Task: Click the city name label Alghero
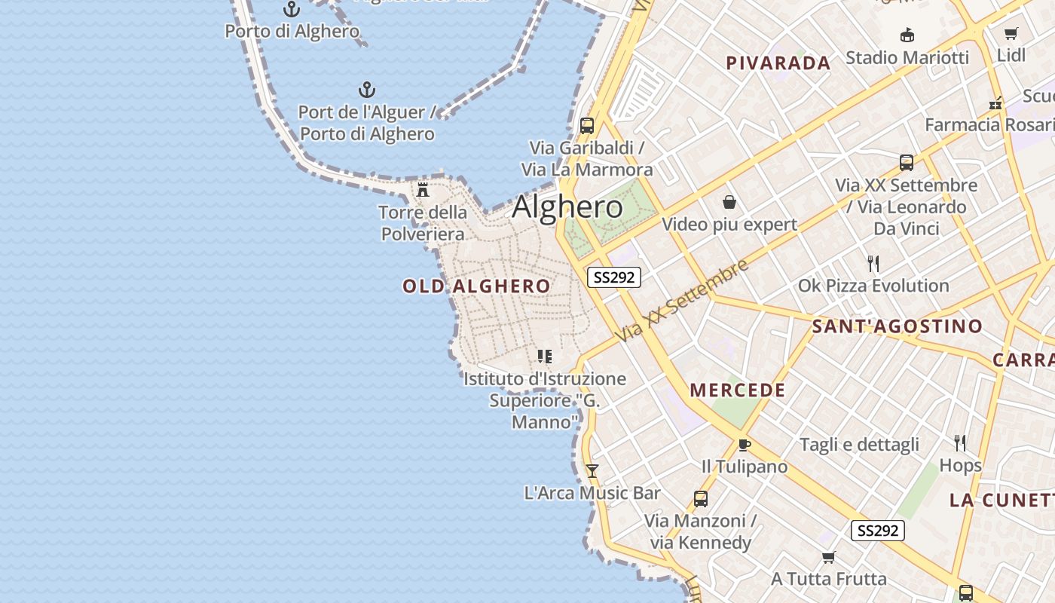click(567, 207)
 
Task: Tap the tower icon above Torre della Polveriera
click(423, 189)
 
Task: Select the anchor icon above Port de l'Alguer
click(366, 90)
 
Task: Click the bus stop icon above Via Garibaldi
click(586, 126)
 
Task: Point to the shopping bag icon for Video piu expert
click(729, 202)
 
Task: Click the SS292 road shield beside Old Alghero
click(614, 277)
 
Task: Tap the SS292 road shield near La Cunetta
click(878, 531)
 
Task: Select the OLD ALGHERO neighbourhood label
click(476, 286)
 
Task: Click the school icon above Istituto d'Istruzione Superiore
click(544, 356)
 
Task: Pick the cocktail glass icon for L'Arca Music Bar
click(592, 471)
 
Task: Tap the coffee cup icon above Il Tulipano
click(744, 445)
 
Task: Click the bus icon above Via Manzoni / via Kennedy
click(700, 498)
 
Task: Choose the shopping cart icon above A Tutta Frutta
click(829, 557)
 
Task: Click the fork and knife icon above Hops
click(960, 442)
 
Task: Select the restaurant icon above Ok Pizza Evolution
click(873, 263)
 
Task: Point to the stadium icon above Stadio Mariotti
click(907, 35)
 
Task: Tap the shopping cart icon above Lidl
click(1011, 33)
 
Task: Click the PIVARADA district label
click(778, 63)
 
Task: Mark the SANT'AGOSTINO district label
click(897, 326)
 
